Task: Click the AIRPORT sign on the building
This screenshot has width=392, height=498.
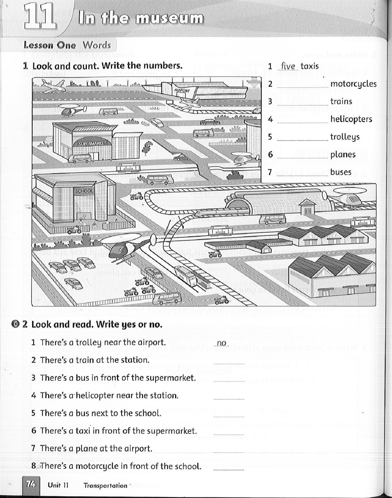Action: pos(182,91)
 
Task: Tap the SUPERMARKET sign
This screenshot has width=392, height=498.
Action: pos(93,144)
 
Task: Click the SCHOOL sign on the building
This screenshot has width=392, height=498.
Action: pos(84,191)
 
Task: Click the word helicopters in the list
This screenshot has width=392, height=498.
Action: pos(351,119)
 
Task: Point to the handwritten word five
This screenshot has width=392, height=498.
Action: pos(288,66)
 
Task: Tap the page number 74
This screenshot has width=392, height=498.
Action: pos(31,484)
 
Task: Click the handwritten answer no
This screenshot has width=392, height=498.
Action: pos(222,343)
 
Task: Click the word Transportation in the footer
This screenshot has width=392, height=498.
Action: pos(105,486)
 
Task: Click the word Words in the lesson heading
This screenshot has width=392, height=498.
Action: pos(97,45)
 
